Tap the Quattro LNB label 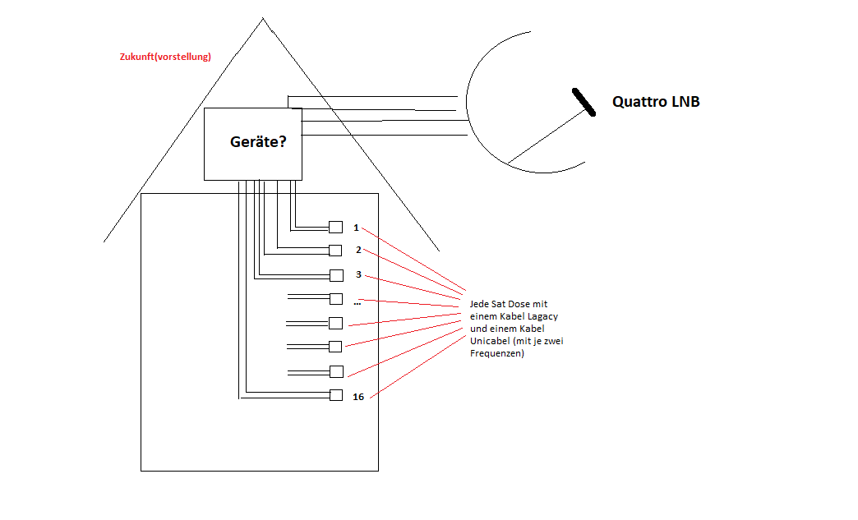click(x=656, y=102)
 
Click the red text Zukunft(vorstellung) click(x=165, y=57)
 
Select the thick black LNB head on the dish click(x=584, y=102)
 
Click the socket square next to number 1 click(x=335, y=228)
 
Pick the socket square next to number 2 click(x=335, y=250)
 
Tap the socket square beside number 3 click(x=335, y=275)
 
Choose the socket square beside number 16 click(x=335, y=395)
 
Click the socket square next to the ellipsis click(x=335, y=299)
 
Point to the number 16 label click(x=358, y=397)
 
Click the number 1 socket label click(x=356, y=228)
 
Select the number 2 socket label click(x=358, y=250)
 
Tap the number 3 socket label click(x=358, y=274)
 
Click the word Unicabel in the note click(x=488, y=341)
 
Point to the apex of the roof click(x=263, y=18)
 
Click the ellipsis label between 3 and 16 click(x=357, y=303)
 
